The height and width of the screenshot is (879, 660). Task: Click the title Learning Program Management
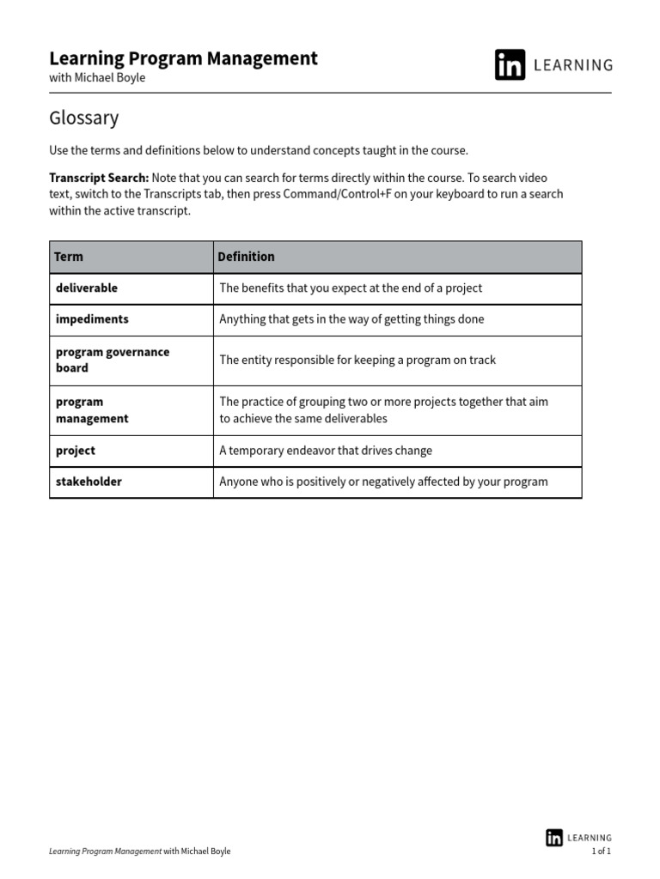(183, 58)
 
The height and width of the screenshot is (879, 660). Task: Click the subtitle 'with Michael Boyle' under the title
(97, 78)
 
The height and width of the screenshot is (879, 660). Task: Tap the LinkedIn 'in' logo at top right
(510, 65)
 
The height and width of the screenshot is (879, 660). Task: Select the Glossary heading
(84, 118)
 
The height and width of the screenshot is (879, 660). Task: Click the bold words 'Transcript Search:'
(99, 178)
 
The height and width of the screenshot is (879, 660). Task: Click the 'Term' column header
(69, 257)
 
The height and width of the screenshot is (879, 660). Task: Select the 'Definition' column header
(246, 257)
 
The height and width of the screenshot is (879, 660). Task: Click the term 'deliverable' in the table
(87, 288)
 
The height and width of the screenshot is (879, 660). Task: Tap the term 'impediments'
(92, 319)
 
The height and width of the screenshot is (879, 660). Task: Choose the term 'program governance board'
(112, 360)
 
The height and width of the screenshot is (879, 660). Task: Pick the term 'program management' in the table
(92, 410)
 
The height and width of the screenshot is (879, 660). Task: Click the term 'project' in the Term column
(76, 451)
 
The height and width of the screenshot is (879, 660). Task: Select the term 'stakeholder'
(89, 482)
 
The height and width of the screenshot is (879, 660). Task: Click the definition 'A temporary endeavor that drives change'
(326, 451)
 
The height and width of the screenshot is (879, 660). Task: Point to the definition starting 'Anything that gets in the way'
(351, 319)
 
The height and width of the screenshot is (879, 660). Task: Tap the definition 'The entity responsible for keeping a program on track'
(357, 361)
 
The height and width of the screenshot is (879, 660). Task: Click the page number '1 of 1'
(601, 852)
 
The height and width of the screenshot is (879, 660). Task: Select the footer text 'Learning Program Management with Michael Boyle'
(140, 852)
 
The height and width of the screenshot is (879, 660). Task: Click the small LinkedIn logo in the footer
(554, 838)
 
